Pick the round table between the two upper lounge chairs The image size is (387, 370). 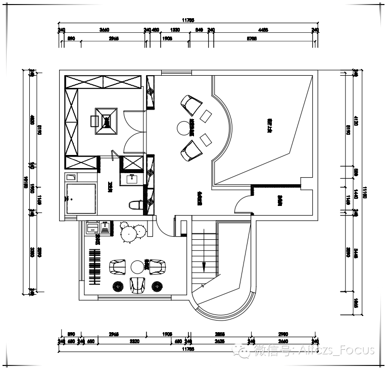point(182,128)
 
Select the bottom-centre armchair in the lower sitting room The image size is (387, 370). point(137,285)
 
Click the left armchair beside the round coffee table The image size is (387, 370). point(118,266)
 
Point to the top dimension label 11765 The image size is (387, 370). point(188,21)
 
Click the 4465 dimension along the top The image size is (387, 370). point(263,30)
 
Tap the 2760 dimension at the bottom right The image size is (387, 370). point(282,334)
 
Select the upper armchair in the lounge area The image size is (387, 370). point(190,103)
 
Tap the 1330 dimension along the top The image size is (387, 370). point(175,30)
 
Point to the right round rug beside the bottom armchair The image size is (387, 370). point(158,287)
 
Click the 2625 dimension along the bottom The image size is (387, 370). point(219,342)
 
